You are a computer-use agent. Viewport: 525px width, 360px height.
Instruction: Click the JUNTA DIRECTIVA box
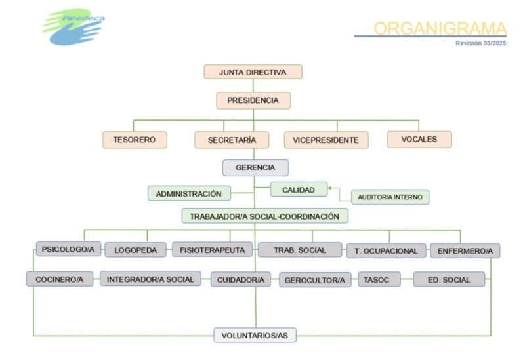click(253, 72)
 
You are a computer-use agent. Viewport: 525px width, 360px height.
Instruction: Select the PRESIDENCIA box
click(253, 100)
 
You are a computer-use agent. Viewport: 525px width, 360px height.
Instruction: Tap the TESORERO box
click(135, 140)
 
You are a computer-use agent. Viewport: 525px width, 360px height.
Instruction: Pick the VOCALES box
click(419, 139)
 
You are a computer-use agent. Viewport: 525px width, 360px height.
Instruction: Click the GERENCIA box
click(255, 168)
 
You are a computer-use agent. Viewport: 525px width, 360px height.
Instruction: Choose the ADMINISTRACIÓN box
click(189, 193)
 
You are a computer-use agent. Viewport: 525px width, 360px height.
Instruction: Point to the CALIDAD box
click(299, 190)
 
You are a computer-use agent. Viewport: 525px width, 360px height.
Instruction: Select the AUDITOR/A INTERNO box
click(390, 197)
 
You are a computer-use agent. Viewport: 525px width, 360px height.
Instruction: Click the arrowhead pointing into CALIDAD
click(329, 188)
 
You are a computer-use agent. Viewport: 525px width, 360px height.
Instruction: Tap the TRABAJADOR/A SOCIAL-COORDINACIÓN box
click(265, 216)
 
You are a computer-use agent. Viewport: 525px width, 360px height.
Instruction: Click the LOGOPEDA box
click(135, 250)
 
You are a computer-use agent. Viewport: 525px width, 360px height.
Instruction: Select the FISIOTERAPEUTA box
click(212, 250)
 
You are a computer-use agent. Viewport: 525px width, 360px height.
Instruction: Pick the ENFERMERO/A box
click(465, 250)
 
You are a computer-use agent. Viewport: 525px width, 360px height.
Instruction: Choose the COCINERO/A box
click(60, 279)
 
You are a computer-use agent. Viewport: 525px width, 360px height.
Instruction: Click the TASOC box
click(379, 279)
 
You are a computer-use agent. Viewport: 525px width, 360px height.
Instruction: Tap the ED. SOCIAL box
click(449, 279)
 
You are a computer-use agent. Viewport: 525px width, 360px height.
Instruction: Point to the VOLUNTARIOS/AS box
click(255, 335)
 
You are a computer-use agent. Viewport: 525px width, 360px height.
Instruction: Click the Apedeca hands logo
click(73, 27)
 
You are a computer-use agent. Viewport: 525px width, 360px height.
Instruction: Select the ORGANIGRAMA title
click(440, 28)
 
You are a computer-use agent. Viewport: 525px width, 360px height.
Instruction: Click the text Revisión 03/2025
click(481, 43)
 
